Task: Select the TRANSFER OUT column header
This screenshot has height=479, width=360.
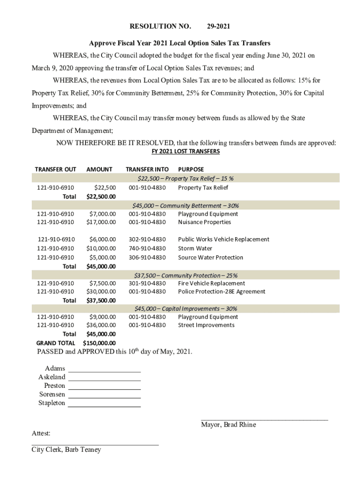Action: pos(55,169)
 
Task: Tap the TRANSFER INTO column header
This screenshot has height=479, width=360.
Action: pos(147,169)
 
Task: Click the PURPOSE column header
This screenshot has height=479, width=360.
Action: pos(191,169)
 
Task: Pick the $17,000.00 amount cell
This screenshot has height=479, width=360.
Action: pos(101,222)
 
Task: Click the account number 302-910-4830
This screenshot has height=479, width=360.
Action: pos(147,239)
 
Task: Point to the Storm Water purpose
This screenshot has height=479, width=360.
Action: pos(195,248)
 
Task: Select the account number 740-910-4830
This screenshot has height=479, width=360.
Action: pos(147,248)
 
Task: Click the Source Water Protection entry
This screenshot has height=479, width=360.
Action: pos(210,257)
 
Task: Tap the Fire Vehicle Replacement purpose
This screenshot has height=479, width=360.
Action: pos(211,283)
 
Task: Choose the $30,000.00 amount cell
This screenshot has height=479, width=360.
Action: pos(101,291)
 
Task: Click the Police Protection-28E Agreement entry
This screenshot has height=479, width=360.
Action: pos(222,291)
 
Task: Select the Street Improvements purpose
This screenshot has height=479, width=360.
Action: pos(206,325)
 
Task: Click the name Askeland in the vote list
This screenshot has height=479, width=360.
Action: pos(52,377)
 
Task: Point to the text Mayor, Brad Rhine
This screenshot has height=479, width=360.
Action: pos(228,425)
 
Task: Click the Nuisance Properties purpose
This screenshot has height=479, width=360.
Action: pos(204,222)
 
